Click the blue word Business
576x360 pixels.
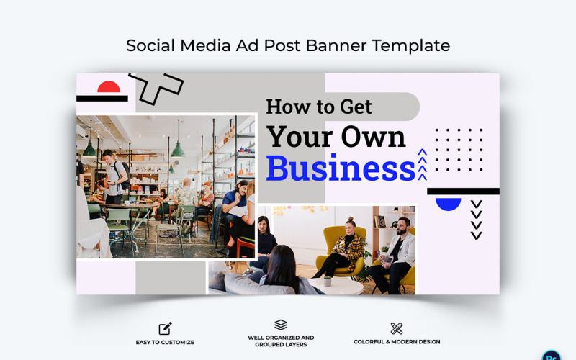point(340,168)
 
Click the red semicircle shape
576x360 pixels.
point(109,88)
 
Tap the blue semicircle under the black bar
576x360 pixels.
point(449,203)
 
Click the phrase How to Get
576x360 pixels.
point(319,107)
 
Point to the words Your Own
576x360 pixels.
point(336,136)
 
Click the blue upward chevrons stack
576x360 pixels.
point(423,164)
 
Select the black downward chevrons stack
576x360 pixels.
point(476,220)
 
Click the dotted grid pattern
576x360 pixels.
point(459,150)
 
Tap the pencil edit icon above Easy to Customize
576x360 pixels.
point(165,328)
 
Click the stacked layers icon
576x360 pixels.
point(281,325)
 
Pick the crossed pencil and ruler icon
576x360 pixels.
point(396,328)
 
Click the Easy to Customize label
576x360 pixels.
point(165,342)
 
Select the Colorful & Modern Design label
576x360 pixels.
point(397,342)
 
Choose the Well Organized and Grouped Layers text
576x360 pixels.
point(281,341)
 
